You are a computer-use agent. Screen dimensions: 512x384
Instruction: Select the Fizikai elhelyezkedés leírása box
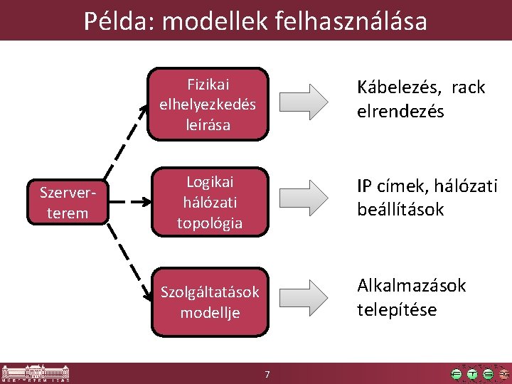208,103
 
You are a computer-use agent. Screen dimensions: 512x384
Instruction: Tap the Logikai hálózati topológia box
210,202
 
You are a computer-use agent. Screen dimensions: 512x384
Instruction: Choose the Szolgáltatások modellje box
210,302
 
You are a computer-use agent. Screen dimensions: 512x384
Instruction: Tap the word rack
468,87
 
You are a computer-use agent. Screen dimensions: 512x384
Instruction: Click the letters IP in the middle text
365,186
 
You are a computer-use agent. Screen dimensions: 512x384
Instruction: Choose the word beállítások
400,210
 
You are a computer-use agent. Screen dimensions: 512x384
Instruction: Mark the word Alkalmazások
411,286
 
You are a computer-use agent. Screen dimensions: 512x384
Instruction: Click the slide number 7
267,374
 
